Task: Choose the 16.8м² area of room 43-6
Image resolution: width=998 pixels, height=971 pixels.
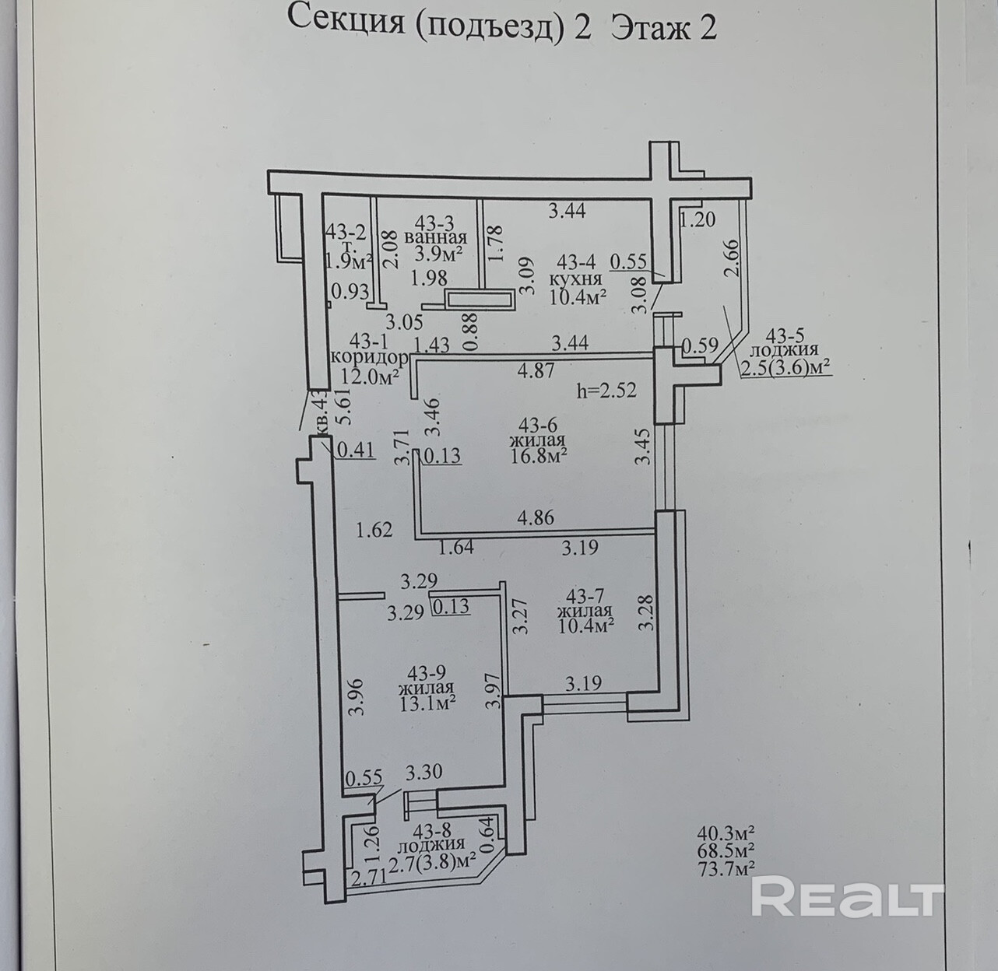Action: [538, 455]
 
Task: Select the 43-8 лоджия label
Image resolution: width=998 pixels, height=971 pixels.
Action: [430, 845]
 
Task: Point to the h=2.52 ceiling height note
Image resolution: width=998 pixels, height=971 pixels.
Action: [607, 391]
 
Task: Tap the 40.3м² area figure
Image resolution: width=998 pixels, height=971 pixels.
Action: [728, 833]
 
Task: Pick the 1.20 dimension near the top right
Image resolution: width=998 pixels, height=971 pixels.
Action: [697, 220]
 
